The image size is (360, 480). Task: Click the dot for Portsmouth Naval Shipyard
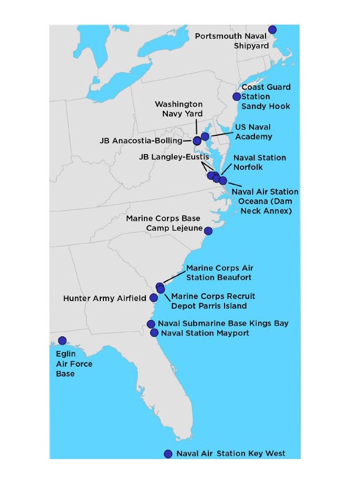tap(272, 29)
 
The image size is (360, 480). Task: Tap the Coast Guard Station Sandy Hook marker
tap(237, 97)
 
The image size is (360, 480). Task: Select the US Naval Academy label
tap(253, 132)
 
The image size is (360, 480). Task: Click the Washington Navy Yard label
tap(178, 109)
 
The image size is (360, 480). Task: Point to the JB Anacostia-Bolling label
tap(141, 141)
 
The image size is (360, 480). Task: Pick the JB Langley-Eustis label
tap(174, 157)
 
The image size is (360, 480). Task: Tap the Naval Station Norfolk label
tap(260, 162)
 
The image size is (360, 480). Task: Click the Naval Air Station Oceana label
tap(265, 201)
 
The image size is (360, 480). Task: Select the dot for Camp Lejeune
tap(208, 231)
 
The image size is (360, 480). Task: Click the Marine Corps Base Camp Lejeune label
tap(163, 223)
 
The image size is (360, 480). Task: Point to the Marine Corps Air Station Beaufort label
tap(220, 273)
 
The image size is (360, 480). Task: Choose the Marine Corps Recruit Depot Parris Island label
tap(213, 301)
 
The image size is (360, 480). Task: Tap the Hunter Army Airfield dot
tap(154, 297)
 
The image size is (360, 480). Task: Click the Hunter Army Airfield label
tap(104, 298)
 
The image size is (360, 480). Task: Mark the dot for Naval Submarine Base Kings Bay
tap(151, 324)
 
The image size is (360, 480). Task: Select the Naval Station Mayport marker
tap(154, 333)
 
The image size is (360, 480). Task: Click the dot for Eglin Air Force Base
tap(62, 340)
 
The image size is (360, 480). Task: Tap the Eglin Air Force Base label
tap(66, 364)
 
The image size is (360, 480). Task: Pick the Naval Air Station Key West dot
tap(168, 454)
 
